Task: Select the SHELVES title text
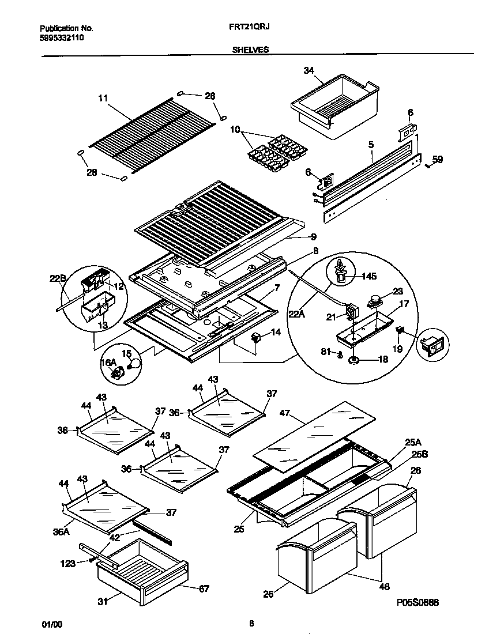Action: tap(250, 50)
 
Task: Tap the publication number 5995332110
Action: tap(62, 37)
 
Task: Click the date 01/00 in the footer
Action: tap(51, 624)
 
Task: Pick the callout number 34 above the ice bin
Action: tap(309, 70)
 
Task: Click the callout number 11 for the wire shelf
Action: tap(103, 99)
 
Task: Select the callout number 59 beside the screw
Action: tap(438, 160)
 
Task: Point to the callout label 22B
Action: tap(58, 279)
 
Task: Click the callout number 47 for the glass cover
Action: tap(284, 413)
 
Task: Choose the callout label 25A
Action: tap(412, 443)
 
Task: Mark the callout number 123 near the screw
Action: tap(67, 564)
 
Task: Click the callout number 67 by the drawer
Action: tap(204, 588)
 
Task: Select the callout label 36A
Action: tap(61, 533)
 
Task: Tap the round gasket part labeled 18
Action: tap(352, 361)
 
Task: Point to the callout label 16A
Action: tap(108, 362)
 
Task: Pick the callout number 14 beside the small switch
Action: tap(276, 333)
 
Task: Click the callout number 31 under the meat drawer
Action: tap(102, 603)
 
